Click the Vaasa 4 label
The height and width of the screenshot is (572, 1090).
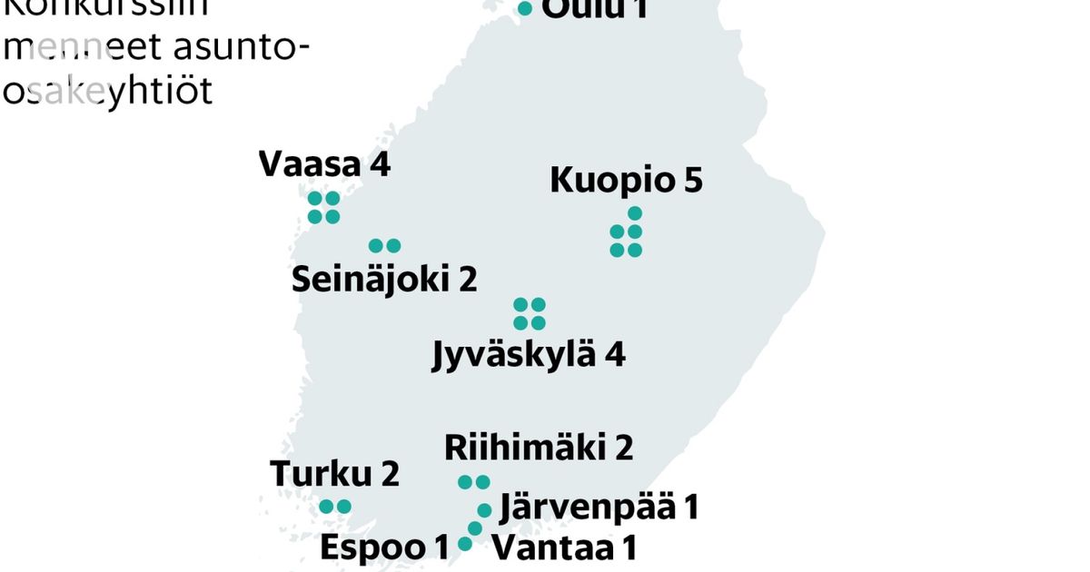324,165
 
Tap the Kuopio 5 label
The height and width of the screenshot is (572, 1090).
626,180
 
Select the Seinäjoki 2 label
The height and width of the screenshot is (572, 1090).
384,280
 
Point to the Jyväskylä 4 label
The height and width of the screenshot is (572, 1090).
529,353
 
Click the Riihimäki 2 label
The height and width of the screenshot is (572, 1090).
539,448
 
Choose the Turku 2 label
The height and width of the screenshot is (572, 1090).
335,473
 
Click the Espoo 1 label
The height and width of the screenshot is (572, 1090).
385,547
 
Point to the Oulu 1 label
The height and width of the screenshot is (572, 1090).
595,9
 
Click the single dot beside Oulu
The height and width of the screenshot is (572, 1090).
525,8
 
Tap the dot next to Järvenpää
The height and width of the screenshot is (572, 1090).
485,510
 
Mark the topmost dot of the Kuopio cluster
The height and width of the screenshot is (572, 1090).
635,213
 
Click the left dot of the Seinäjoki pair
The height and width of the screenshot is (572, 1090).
376,246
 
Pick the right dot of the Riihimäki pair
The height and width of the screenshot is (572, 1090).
482,482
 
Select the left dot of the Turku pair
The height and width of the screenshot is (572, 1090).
326,508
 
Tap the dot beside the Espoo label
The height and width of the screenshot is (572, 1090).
465,544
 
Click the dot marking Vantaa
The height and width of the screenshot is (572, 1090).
474,528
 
